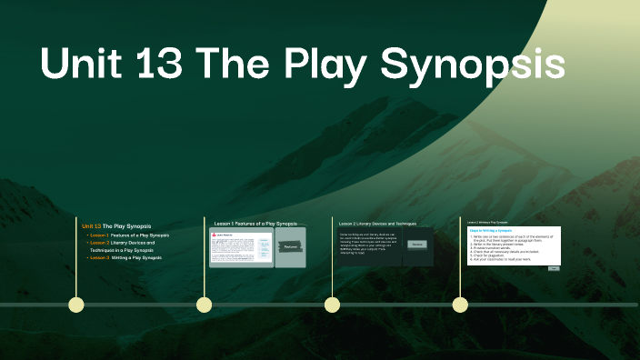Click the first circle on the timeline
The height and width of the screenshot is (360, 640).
tap(76, 305)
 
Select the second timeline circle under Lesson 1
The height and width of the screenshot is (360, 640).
tap(205, 305)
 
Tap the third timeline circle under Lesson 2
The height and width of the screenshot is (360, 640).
tap(332, 305)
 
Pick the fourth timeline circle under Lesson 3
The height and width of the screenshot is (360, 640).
tap(460, 305)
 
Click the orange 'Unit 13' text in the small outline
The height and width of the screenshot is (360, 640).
tap(91, 225)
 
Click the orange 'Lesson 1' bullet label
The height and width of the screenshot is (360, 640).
tap(98, 235)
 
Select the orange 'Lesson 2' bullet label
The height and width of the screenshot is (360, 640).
tap(98, 243)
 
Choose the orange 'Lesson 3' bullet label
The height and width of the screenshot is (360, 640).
tap(98, 258)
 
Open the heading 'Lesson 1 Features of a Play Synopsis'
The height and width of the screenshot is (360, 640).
tap(255, 223)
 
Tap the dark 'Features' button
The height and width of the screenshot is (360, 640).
tap(290, 246)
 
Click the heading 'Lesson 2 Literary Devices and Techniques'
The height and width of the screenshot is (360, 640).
tap(377, 223)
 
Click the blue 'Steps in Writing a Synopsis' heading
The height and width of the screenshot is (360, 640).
tap(491, 231)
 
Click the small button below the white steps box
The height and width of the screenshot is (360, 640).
tap(554, 268)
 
